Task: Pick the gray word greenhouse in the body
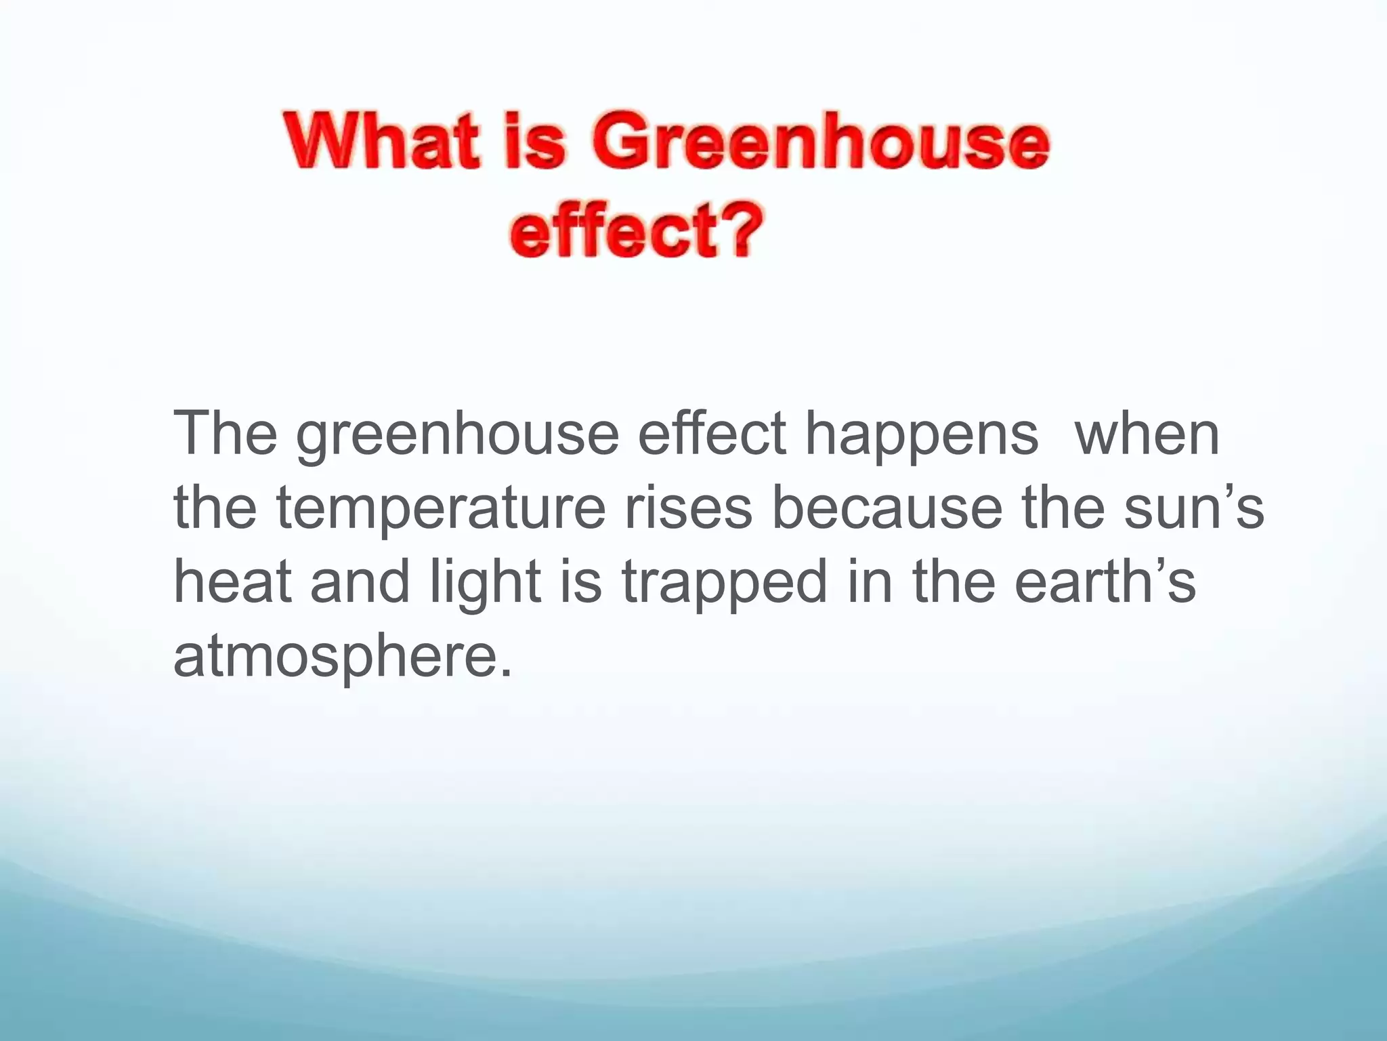(x=457, y=437)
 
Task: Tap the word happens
(x=921, y=437)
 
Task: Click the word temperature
(x=440, y=510)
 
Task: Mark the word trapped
(x=725, y=584)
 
